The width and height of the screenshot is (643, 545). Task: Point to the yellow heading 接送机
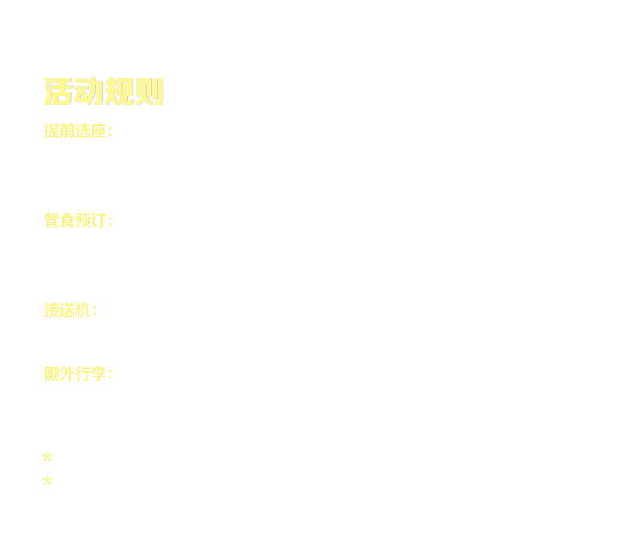pyautogui.click(x=69, y=310)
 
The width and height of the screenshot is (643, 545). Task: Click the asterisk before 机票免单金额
pyautogui.click(x=47, y=457)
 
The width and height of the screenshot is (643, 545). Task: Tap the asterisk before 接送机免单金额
pyautogui.click(x=47, y=481)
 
